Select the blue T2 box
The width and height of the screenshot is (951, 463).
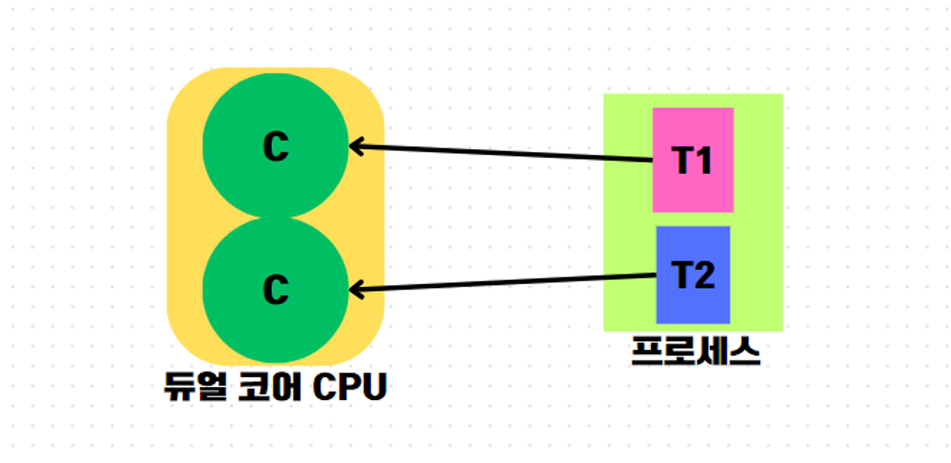coord(692,304)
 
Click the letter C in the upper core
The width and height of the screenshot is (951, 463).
coord(276,148)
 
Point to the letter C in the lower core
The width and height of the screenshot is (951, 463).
coord(276,289)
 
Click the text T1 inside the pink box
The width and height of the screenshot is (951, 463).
coord(692,160)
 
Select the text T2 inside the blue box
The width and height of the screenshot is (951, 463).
coord(692,276)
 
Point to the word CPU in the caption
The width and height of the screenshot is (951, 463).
coord(349,387)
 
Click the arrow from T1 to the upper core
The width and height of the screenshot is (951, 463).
coord(505,154)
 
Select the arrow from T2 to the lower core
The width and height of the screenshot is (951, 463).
coord(505,282)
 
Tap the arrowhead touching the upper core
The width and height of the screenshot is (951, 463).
coord(355,146)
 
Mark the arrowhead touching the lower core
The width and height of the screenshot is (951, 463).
coord(355,289)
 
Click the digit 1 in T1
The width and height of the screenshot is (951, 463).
coord(704,160)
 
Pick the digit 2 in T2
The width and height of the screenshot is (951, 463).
coord(704,276)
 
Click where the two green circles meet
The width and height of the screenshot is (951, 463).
coord(276,217)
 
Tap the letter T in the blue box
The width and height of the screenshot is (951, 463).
coord(681,276)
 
